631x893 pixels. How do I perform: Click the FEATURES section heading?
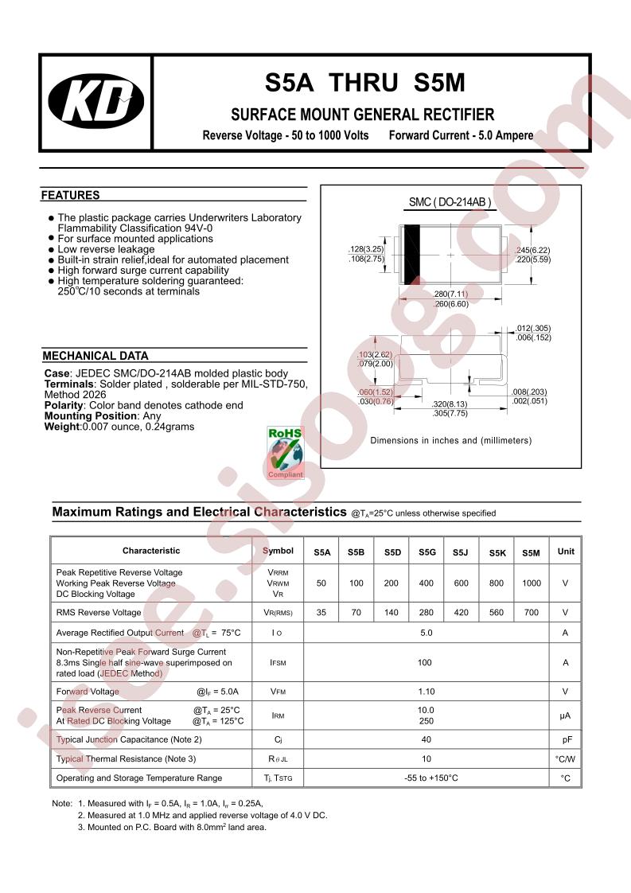coord(71,195)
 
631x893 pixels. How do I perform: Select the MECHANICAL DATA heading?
coord(95,357)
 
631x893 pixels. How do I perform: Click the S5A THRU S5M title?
coord(365,84)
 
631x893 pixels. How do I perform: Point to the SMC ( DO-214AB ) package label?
coord(450,203)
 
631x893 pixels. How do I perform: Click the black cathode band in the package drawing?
coord(411,255)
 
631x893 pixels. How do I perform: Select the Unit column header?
coord(566,552)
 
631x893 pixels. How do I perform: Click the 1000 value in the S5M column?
coord(532,583)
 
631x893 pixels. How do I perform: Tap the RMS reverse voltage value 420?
coord(462,613)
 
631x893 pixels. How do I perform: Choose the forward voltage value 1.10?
coord(427,692)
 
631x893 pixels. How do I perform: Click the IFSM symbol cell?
coord(278,662)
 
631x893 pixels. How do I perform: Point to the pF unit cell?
coord(567,739)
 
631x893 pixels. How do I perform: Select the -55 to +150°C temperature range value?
coord(427,778)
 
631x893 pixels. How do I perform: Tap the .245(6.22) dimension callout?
coord(532,250)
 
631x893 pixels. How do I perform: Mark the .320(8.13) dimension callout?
coord(450,404)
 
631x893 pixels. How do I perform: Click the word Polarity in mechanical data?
coord(64,405)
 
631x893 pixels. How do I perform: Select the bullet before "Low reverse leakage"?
coord(52,249)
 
